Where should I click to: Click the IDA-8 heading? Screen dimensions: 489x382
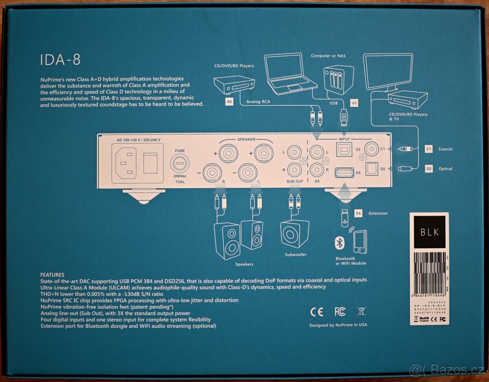click(60, 60)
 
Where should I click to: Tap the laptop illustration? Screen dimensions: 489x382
click(290, 74)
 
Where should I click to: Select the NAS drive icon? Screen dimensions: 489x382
click(338, 79)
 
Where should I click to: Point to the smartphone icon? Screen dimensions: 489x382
click(360, 242)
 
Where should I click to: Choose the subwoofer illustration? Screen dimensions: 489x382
click(295, 234)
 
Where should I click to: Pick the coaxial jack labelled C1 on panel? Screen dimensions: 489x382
click(372, 148)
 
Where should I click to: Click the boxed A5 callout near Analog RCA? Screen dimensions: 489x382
click(229, 102)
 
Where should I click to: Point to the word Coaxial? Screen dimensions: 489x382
click(445, 149)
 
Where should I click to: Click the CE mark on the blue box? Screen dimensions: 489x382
click(317, 312)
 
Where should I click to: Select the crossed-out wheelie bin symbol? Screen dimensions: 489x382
click(361, 312)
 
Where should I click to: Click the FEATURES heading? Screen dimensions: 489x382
click(52, 275)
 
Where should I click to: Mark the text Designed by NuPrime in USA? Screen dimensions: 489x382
click(338, 325)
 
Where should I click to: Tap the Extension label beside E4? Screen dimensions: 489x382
click(378, 213)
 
